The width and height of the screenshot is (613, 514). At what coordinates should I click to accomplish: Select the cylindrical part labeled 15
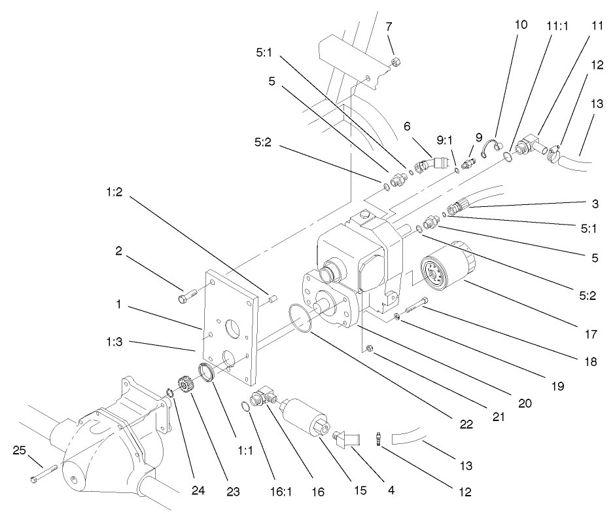pyautogui.click(x=304, y=415)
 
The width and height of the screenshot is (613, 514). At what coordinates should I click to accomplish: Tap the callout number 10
pyautogui.click(x=521, y=24)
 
